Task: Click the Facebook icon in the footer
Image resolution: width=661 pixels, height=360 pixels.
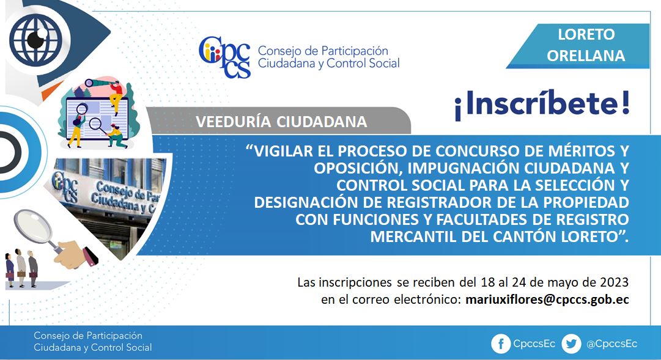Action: tap(501, 344)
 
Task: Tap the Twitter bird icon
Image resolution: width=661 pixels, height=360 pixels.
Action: tap(571, 344)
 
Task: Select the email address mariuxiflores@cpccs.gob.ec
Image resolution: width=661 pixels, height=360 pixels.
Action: tap(547, 299)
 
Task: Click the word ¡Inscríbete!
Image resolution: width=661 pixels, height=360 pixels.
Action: tap(542, 104)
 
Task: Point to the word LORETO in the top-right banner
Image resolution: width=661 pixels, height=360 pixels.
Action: tap(586, 35)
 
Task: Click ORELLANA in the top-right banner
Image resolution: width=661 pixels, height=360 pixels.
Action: tap(586, 56)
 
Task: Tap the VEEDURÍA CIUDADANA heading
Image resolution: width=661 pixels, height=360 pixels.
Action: tap(281, 122)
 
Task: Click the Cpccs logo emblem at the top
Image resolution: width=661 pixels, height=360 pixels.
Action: tap(224, 57)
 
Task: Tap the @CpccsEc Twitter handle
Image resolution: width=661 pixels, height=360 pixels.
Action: tap(611, 344)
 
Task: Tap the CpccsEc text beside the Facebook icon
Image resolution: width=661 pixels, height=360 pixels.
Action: tap(534, 344)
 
